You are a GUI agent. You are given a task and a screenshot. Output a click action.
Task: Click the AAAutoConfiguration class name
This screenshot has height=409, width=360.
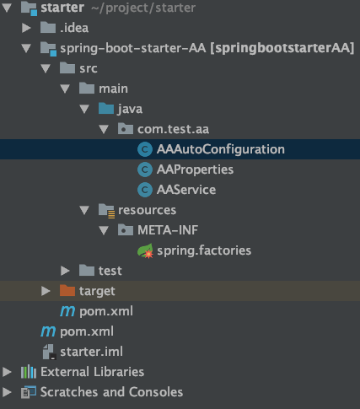[221, 149]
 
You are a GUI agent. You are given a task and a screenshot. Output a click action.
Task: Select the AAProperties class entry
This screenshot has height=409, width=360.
[195, 170]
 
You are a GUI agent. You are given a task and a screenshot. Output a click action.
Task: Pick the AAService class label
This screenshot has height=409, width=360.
[186, 190]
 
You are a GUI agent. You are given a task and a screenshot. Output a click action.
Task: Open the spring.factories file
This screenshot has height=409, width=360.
[204, 250]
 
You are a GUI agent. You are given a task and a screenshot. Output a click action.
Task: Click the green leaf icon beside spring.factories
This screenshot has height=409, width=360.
[145, 250]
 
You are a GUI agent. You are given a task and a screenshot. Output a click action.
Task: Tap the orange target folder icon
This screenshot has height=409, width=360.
[67, 291]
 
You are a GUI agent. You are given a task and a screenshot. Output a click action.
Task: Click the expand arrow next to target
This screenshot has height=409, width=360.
[46, 291]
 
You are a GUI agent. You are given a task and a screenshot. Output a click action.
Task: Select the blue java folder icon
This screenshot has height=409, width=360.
[106, 109]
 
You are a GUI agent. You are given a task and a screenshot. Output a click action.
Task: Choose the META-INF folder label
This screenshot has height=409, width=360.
[168, 230]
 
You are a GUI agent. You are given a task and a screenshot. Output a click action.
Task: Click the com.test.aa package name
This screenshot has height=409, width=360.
[173, 129]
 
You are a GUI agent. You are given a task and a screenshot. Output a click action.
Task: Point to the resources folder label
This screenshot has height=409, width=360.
[148, 210]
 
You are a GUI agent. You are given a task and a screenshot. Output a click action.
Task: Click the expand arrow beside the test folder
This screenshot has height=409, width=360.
[65, 271]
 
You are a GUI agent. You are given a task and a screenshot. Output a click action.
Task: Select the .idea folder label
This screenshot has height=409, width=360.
[74, 28]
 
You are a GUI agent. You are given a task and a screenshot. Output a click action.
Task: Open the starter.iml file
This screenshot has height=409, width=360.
[91, 352]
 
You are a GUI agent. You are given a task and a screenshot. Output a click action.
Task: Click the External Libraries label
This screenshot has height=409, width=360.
[93, 372]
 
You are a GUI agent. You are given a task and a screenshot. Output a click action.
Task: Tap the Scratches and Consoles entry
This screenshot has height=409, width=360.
[111, 392]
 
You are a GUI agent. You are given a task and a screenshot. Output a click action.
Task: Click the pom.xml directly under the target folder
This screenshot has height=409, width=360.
[106, 311]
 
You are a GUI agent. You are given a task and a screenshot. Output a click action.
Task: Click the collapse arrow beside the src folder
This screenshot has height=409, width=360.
[46, 68]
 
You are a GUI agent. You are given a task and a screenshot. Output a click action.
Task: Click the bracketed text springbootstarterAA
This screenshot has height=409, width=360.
[282, 48]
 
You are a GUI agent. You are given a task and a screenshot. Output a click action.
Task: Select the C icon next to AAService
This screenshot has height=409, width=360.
[145, 190]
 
